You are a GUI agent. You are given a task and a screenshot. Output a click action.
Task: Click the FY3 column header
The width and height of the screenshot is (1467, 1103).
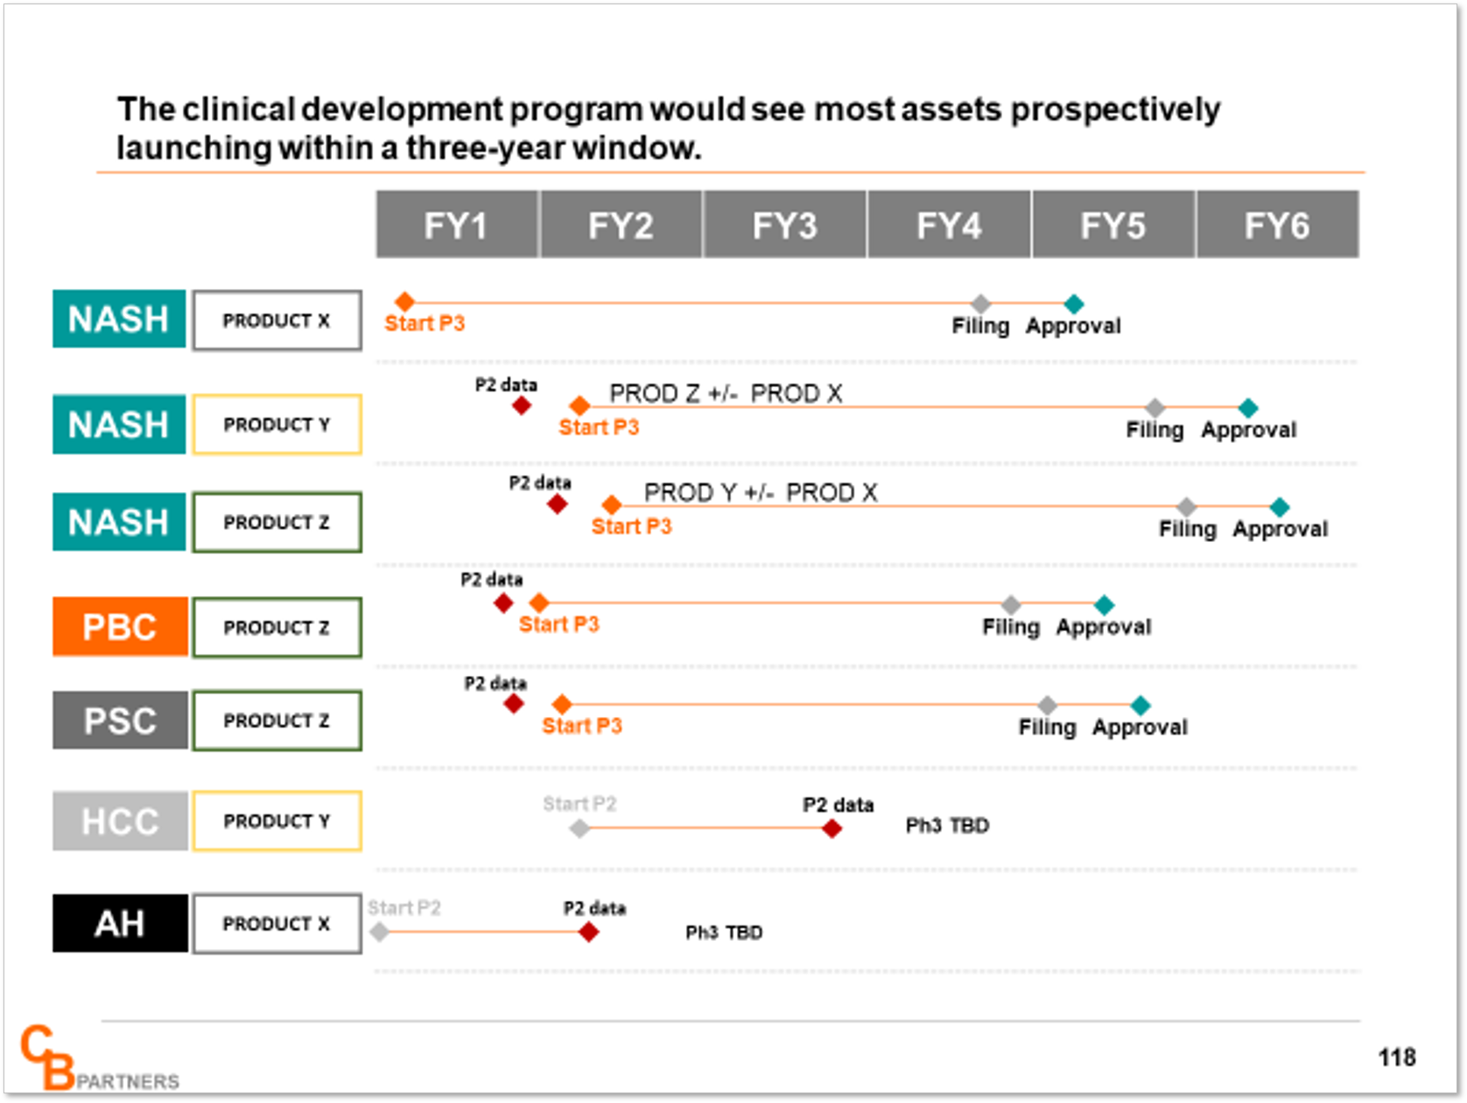[x=784, y=225]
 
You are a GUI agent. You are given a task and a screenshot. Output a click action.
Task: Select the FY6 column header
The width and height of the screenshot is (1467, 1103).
[x=1277, y=225]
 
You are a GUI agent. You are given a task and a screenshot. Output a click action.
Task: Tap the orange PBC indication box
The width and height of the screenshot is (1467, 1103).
[x=120, y=627]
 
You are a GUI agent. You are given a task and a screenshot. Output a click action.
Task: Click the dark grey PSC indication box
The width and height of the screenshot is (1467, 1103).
[x=120, y=720]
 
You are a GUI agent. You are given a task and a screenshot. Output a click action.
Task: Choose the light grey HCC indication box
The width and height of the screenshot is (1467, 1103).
[x=120, y=820]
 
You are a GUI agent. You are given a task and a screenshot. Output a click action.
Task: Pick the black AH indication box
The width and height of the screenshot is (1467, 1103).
[x=120, y=924]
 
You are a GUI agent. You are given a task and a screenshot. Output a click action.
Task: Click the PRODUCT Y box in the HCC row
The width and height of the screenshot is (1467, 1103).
[x=277, y=821]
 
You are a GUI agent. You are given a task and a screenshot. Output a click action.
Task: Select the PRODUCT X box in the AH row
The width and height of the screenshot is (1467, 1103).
[x=277, y=924]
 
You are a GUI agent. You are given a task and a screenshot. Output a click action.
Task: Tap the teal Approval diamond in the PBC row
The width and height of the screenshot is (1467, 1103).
[x=1104, y=605]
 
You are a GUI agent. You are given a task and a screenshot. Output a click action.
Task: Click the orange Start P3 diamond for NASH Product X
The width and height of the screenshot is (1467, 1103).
[x=405, y=301]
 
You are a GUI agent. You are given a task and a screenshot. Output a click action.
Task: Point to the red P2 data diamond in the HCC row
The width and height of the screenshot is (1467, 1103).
[x=832, y=829]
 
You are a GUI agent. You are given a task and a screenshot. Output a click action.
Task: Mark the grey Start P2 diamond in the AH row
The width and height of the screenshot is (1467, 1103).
[x=380, y=931]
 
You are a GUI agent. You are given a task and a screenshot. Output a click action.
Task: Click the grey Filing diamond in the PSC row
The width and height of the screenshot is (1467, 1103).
[x=1047, y=706]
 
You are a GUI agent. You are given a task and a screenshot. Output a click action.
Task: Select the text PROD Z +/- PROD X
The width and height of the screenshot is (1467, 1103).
[x=726, y=393]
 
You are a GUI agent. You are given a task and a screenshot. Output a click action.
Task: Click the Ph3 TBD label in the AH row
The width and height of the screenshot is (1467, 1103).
[x=724, y=932]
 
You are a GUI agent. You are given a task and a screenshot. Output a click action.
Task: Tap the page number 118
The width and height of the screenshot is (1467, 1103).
[x=1397, y=1057]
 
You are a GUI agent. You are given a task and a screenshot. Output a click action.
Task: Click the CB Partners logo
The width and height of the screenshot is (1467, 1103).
[x=99, y=1058]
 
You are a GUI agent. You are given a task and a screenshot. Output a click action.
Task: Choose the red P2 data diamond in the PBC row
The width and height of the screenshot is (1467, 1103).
[x=504, y=604]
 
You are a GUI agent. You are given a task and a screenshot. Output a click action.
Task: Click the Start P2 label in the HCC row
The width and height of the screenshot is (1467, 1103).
[x=579, y=804]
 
